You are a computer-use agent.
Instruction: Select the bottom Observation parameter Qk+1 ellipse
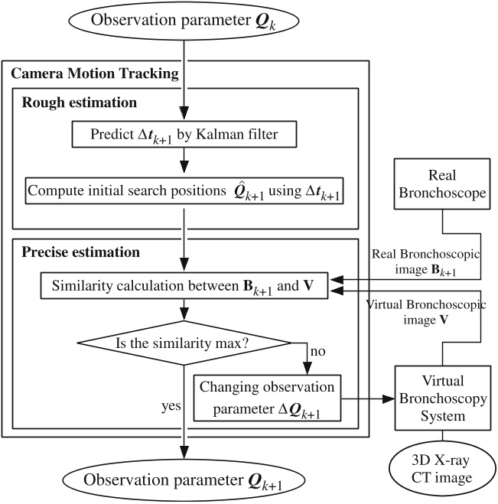tap(184, 480)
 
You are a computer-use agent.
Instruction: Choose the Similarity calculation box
tap(184, 287)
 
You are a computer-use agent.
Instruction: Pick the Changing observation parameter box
tap(268, 398)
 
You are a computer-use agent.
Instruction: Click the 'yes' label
tap(169, 406)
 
